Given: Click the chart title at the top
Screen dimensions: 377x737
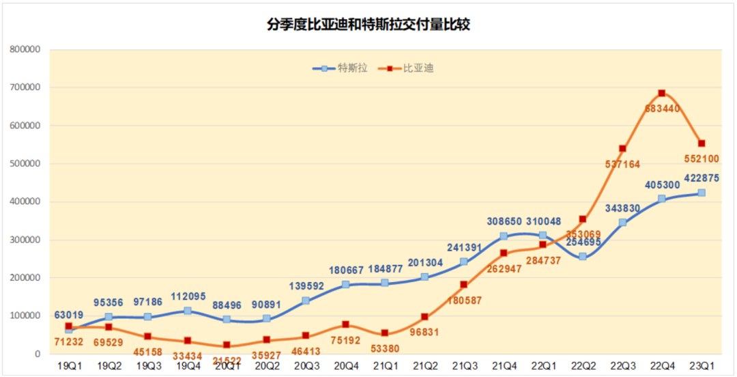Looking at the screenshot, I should [369, 25].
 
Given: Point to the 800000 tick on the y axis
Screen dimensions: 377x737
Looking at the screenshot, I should [26, 49].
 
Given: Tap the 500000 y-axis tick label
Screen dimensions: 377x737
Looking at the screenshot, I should [26, 164].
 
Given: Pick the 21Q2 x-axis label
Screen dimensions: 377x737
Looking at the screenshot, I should [424, 366].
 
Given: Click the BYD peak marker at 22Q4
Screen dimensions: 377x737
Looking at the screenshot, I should [662, 94].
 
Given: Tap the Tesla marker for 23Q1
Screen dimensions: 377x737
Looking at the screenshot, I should [702, 193].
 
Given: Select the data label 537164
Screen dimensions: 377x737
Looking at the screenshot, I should [622, 164].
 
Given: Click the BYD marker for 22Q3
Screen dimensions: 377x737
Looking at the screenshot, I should [622, 148].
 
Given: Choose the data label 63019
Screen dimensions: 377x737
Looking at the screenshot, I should [68, 315].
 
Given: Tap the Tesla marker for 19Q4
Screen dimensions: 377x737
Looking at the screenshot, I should [187, 311].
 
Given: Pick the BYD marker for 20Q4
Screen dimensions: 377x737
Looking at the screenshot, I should [345, 324].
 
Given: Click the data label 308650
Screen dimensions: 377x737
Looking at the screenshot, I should [504, 221].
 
